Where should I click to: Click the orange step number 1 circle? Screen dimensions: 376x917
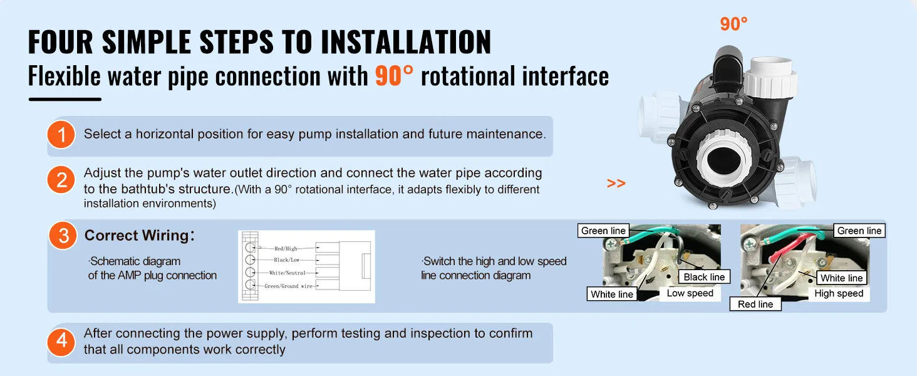pyautogui.click(x=61, y=135)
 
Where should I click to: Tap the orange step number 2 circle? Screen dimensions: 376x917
pyautogui.click(x=61, y=181)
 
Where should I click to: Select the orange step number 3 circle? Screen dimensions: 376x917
pyautogui.click(x=63, y=236)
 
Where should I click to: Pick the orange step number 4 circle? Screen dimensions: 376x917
pyautogui.click(x=61, y=341)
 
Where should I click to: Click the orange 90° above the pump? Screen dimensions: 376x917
pyautogui.click(x=733, y=24)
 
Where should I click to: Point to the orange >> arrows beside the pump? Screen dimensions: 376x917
pyautogui.click(x=616, y=184)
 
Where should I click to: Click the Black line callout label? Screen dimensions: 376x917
pyautogui.click(x=704, y=277)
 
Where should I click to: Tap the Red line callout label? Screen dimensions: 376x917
pyautogui.click(x=755, y=304)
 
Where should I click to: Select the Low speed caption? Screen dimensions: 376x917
pyautogui.click(x=690, y=293)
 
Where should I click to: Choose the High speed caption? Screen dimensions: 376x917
pyautogui.click(x=839, y=293)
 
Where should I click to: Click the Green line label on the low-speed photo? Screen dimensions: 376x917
pyautogui.click(x=603, y=231)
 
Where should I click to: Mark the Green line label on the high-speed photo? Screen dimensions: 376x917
pyautogui.click(x=859, y=231)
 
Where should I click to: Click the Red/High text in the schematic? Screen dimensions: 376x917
pyautogui.click(x=286, y=248)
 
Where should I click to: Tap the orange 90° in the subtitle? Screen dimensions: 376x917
pyautogui.click(x=394, y=76)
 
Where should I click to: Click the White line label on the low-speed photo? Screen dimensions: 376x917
pyautogui.click(x=612, y=294)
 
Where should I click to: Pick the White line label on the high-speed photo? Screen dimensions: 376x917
pyautogui.click(x=841, y=278)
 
